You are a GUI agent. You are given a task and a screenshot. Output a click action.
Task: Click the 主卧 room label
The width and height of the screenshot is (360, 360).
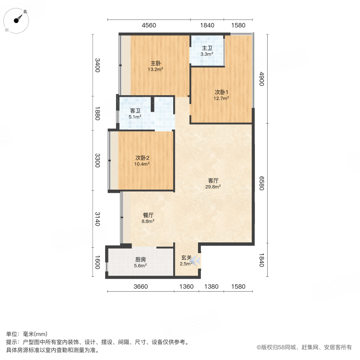156,63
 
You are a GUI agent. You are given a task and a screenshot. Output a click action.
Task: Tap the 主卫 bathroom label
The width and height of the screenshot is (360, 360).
207,48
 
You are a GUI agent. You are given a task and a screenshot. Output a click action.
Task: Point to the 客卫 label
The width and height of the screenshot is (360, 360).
135,111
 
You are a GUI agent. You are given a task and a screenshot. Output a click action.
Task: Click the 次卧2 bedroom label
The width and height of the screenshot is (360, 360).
142,158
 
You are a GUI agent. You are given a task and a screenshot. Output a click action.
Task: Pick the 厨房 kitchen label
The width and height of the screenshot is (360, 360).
140,259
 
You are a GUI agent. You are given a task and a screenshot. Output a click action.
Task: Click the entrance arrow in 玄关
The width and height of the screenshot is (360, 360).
195,261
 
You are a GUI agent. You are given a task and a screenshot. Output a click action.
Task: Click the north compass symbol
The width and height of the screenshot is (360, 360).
18,20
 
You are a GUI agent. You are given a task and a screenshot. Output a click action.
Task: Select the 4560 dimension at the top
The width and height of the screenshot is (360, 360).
149,26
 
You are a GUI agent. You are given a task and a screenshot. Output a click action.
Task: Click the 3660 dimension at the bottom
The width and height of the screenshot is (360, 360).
141,286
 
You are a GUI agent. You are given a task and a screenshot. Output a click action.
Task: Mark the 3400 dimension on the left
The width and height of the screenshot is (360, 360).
97,65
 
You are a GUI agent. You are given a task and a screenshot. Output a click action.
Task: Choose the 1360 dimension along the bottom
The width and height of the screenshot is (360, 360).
186,286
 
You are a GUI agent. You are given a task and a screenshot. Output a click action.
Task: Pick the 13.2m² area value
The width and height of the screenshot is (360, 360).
156,69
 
